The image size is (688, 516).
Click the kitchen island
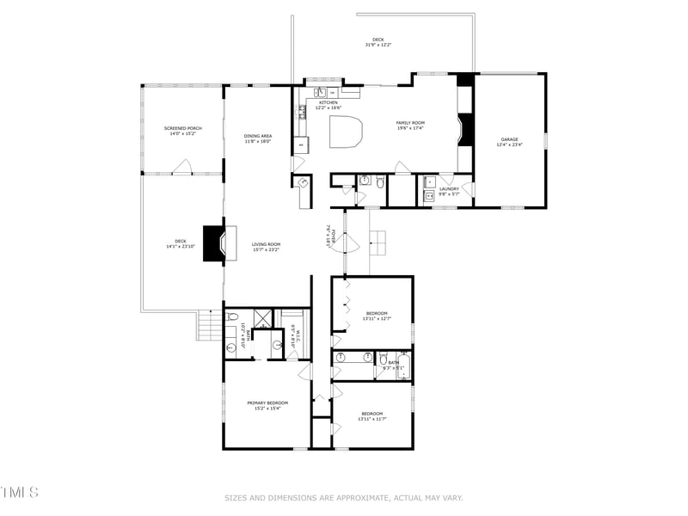pyautogui.click(x=347, y=134)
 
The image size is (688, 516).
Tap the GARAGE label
pyautogui.click(x=510, y=138)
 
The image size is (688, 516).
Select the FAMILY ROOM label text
pyautogui.click(x=410, y=123)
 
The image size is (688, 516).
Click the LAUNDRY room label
pyautogui.click(x=449, y=188)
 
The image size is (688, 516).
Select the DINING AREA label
pyautogui.click(x=258, y=136)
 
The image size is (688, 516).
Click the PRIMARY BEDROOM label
pyautogui.click(x=267, y=402)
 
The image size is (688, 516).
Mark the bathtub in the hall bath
pyautogui.click(x=402, y=368)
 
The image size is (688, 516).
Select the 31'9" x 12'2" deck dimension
pyautogui.click(x=378, y=44)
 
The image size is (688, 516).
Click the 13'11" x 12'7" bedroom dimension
pyautogui.click(x=377, y=318)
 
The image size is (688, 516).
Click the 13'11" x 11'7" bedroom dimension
pyautogui.click(x=377, y=418)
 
